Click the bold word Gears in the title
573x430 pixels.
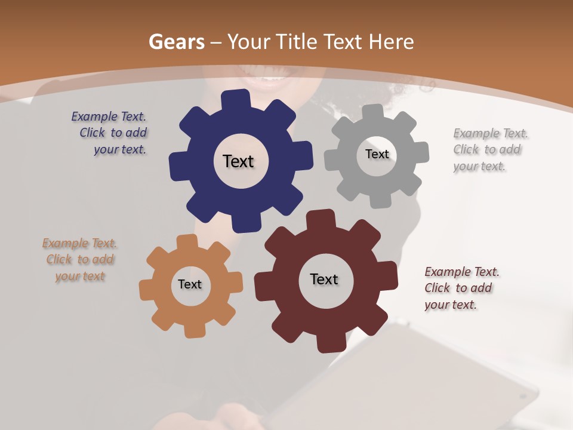click(177, 42)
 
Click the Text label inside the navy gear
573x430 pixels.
click(238, 161)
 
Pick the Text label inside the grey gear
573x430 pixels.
click(377, 154)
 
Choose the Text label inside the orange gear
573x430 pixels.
click(190, 284)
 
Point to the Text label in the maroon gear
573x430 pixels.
click(324, 279)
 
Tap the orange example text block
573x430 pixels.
click(80, 260)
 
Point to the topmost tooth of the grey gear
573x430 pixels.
click(373, 111)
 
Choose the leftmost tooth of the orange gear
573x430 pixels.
click(147, 290)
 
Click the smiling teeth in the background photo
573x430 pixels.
click(272, 78)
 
